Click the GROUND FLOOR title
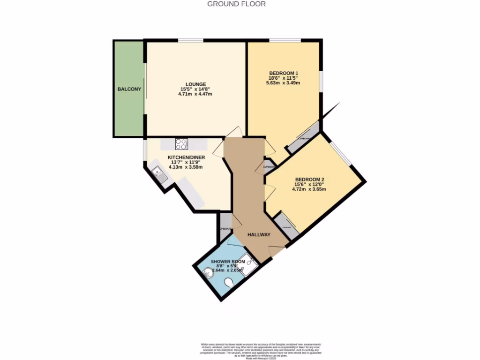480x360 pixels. click(x=236, y=4)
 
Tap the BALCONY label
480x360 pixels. click(x=129, y=89)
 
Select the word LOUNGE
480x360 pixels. click(x=195, y=84)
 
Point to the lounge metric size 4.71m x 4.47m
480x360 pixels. click(x=195, y=94)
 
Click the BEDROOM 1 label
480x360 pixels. click(x=284, y=73)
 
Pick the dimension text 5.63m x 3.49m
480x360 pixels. click(x=284, y=83)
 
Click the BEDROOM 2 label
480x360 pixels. click(x=309, y=180)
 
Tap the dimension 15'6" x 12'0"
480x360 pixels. click(x=309, y=184)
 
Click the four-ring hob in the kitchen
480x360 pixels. click(x=181, y=144)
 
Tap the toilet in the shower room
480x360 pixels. click(x=229, y=283)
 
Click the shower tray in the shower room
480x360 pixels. click(x=249, y=265)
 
